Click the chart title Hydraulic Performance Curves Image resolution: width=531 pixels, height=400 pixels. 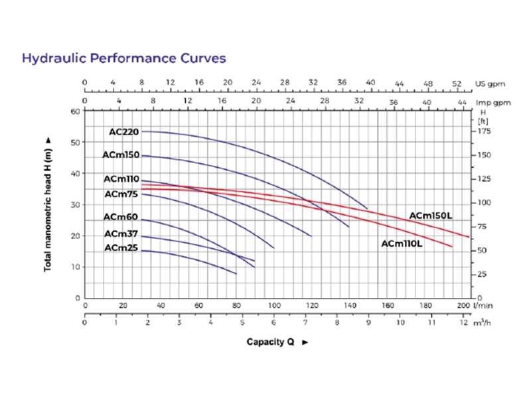pyautogui.click(x=124, y=58)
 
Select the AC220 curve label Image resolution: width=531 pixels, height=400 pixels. pyautogui.click(x=124, y=131)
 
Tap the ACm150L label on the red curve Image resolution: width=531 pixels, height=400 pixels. pyautogui.click(x=430, y=216)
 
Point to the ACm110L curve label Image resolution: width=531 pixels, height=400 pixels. pyautogui.click(x=402, y=243)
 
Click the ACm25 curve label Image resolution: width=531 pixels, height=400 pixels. pyautogui.click(x=121, y=248)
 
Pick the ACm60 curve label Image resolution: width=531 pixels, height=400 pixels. pyautogui.click(x=121, y=217)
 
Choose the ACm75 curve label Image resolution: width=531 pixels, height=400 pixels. pyautogui.click(x=121, y=194)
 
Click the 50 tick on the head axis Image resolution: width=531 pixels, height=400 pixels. pyautogui.click(x=76, y=143)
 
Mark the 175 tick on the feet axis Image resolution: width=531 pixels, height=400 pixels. pyautogui.click(x=484, y=131)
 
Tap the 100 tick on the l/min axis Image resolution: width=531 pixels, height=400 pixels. pyautogui.click(x=274, y=306)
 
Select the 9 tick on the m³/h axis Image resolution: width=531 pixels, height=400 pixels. pyautogui.click(x=368, y=322)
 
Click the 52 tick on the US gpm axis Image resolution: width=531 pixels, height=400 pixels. pyautogui.click(x=457, y=84)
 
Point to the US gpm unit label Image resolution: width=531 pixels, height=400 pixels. pyautogui.click(x=490, y=84)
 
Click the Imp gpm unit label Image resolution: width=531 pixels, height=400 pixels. pyautogui.click(x=493, y=103)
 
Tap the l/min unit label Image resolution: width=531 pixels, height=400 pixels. pyautogui.click(x=483, y=306)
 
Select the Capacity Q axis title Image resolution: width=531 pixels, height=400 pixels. pyautogui.click(x=270, y=342)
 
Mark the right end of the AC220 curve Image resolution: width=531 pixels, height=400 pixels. pyautogui.click(x=367, y=209)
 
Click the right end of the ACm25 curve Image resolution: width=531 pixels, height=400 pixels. pyautogui.click(x=236, y=273)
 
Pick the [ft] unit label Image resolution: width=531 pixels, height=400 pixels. pyautogui.click(x=483, y=121)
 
